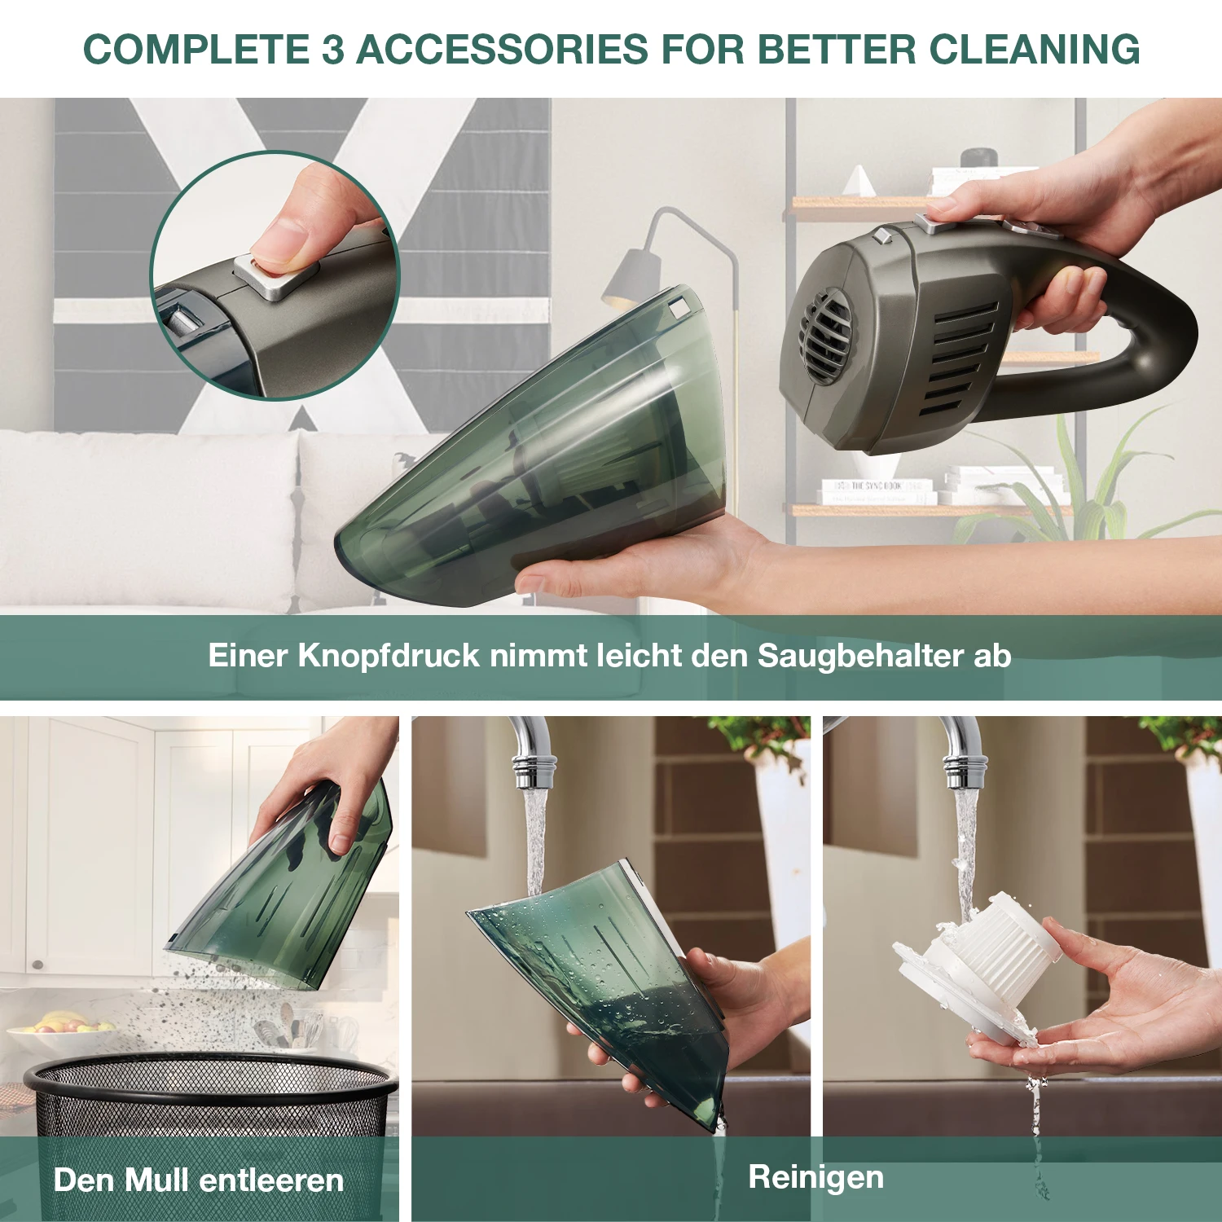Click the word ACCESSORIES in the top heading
pyautogui.click(x=502, y=49)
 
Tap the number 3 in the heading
pyautogui.click(x=332, y=49)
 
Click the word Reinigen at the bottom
pyautogui.click(x=815, y=1177)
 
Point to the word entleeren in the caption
pyautogui.click(x=271, y=1180)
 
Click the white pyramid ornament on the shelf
pyautogui.click(x=859, y=181)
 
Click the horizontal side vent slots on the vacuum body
pyautogui.click(x=961, y=358)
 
